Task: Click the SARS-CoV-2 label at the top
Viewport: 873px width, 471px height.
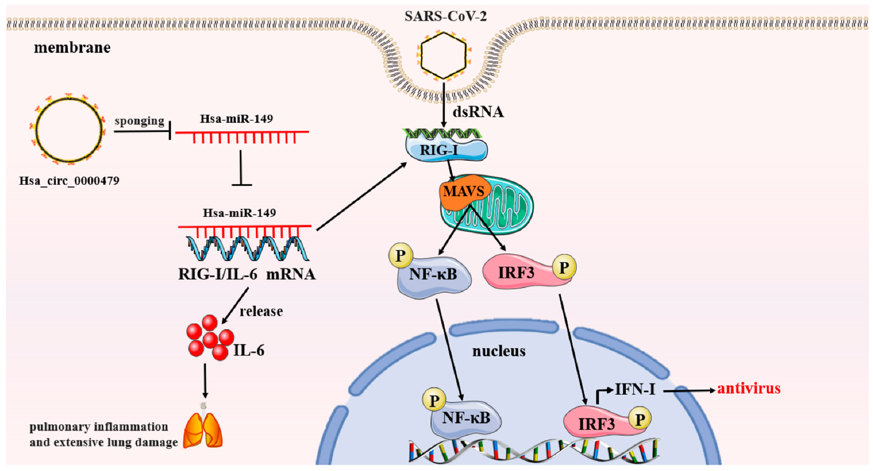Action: click(445, 16)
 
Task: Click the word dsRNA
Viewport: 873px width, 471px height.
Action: click(478, 112)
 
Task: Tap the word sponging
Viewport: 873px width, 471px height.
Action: click(139, 121)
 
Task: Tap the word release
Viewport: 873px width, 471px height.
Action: click(261, 311)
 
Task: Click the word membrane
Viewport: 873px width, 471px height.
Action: click(72, 48)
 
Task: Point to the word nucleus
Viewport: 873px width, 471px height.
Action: click(499, 351)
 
